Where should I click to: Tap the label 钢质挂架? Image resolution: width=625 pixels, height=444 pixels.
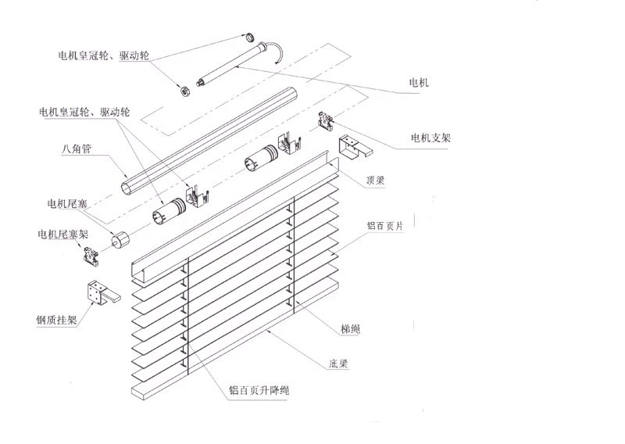[55, 320]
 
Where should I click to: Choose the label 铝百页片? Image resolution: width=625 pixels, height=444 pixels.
[386, 225]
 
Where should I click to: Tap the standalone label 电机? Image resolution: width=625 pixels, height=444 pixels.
[419, 81]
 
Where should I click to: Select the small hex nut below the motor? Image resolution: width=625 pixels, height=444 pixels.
[184, 91]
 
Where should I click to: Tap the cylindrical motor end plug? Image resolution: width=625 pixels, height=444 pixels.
[120, 241]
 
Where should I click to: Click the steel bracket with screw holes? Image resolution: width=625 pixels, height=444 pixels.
[99, 294]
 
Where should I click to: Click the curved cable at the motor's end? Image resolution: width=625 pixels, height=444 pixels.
[278, 53]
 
